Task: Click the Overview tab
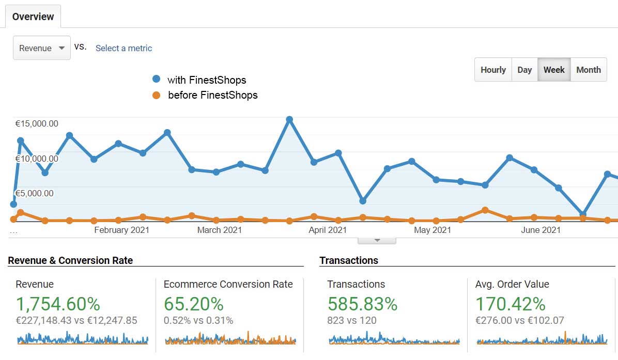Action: click(x=33, y=17)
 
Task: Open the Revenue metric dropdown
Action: click(x=41, y=48)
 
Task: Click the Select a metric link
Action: click(x=123, y=48)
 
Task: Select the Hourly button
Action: click(x=493, y=70)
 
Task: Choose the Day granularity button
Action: click(x=524, y=70)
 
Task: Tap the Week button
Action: click(x=554, y=70)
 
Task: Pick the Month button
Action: click(x=589, y=70)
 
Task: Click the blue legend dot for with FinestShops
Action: click(x=157, y=80)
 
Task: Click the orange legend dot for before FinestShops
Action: click(x=157, y=95)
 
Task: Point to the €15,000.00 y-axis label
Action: click(x=37, y=123)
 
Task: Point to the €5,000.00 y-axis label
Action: click(x=34, y=194)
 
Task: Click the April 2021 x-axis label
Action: click(x=328, y=230)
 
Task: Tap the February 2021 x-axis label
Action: click(x=121, y=230)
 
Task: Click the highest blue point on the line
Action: click(x=289, y=119)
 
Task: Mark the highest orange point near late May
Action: click(x=485, y=210)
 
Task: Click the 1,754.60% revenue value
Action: click(x=58, y=304)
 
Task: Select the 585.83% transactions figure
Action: click(x=362, y=304)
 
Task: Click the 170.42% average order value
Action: click(x=510, y=304)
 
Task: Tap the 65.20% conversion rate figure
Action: click(x=193, y=304)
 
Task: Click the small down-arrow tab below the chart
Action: click(x=377, y=240)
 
